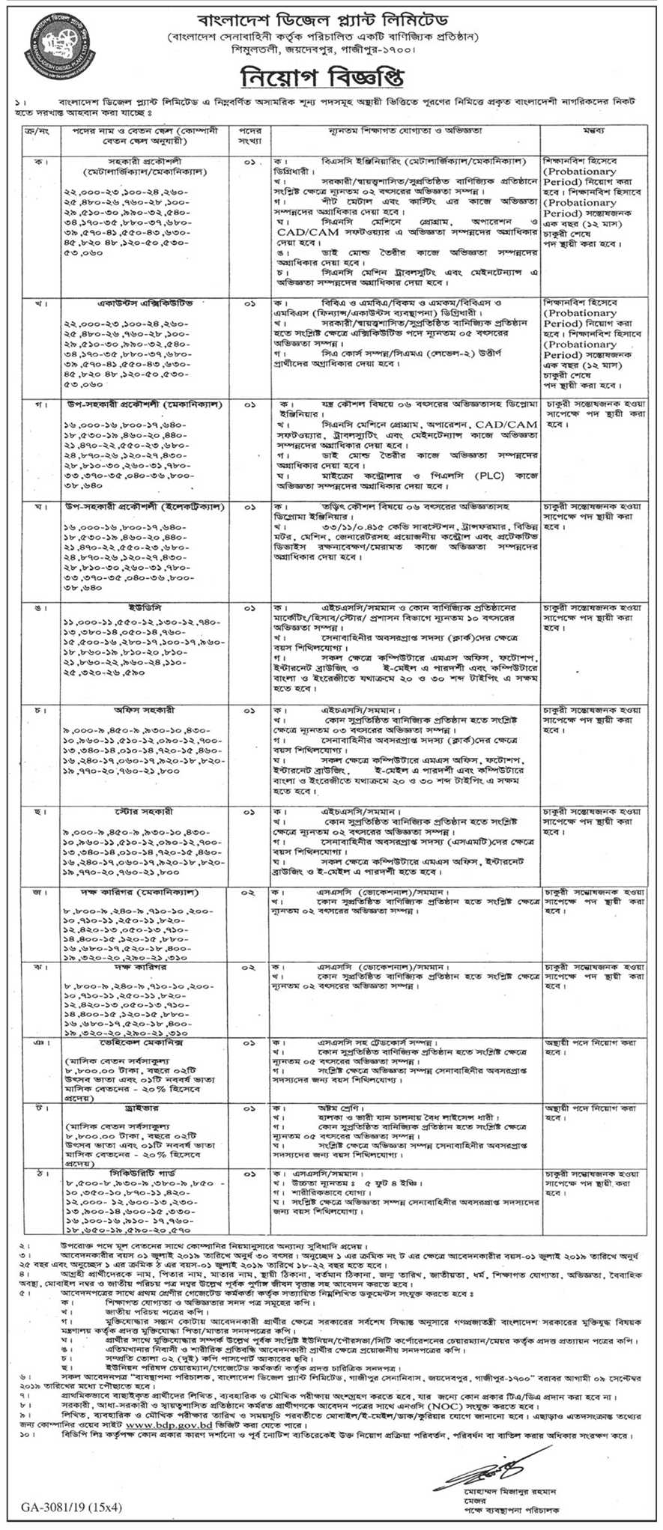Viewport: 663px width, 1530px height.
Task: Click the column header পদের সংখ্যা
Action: tap(250, 135)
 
